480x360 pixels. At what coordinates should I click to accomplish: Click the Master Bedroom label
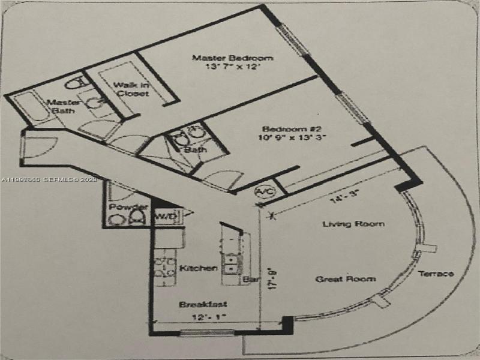click(x=232, y=58)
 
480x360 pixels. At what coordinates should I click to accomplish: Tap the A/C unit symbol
click(x=263, y=192)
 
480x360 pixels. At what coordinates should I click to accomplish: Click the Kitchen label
click(x=198, y=268)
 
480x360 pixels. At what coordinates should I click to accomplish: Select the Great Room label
click(x=346, y=279)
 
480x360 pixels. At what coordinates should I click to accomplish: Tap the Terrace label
click(x=436, y=274)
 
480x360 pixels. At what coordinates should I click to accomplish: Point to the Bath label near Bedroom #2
click(x=196, y=149)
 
